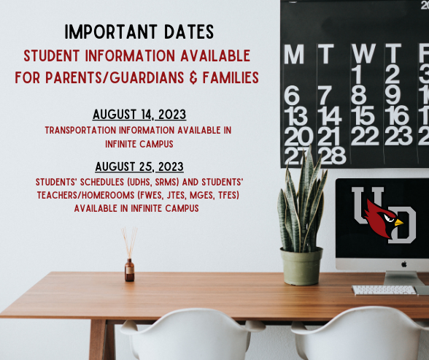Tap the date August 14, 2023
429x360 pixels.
point(139,115)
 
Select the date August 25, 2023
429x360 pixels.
point(138,166)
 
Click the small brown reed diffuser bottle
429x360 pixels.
point(129,269)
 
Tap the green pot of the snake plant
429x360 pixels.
point(301,266)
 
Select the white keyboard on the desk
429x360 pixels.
point(384,290)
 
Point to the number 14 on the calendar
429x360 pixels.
point(329,116)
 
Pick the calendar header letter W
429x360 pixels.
point(363,54)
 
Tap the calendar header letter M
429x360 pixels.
point(294,54)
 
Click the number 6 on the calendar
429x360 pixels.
point(292,96)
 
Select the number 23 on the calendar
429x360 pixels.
point(399,136)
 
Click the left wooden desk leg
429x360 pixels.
point(97,340)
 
